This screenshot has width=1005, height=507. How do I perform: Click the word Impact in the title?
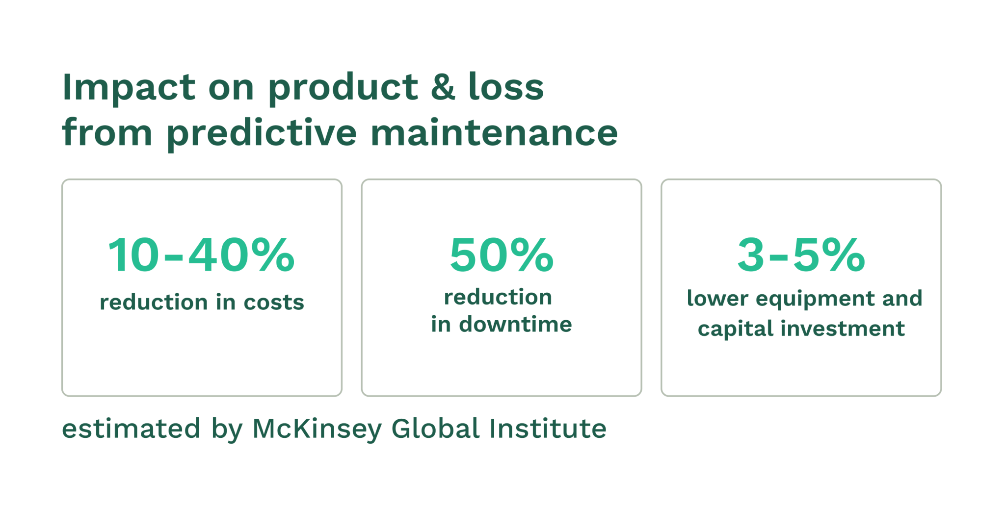(x=129, y=87)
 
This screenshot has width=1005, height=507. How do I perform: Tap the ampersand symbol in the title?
(x=443, y=87)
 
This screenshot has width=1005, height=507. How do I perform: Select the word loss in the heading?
(x=506, y=87)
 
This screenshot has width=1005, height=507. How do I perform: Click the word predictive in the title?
(x=262, y=133)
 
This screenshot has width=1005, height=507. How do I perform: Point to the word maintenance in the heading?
(x=494, y=133)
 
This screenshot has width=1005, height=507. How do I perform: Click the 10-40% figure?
(x=201, y=255)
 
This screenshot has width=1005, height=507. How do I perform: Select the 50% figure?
(x=502, y=255)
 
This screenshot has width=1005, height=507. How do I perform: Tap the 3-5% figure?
(x=801, y=255)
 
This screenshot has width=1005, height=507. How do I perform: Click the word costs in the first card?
(x=274, y=302)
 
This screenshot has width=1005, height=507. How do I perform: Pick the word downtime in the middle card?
(x=515, y=324)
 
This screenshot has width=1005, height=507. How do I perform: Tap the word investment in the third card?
(x=843, y=329)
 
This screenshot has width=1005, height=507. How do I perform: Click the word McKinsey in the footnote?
(x=317, y=429)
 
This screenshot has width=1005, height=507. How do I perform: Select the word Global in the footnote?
(x=435, y=429)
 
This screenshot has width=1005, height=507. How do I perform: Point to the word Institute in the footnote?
(x=548, y=429)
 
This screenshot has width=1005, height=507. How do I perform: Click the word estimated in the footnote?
(x=131, y=429)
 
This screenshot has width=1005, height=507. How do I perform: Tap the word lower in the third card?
(x=717, y=299)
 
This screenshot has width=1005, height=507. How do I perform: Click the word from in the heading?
(x=107, y=133)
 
